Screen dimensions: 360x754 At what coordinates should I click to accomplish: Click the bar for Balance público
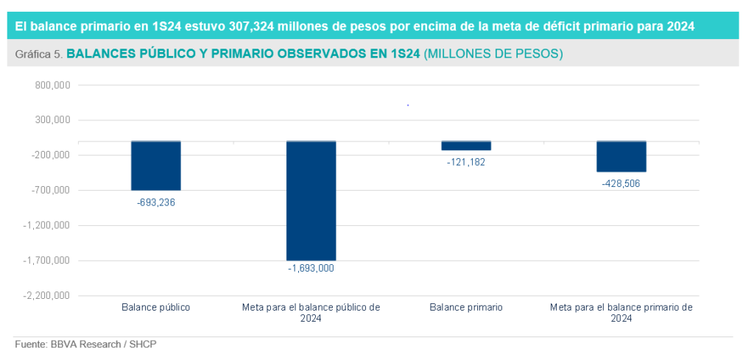[x=156, y=166]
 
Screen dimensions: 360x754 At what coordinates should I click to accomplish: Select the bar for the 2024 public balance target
[x=311, y=200]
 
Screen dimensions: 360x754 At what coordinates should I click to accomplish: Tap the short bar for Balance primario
[x=465, y=146]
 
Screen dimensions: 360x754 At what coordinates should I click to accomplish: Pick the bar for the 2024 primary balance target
[x=621, y=156]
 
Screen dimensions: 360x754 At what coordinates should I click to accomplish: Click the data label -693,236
[x=156, y=202]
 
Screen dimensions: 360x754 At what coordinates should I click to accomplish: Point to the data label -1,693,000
[x=311, y=269]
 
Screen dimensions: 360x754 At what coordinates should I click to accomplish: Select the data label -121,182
[x=465, y=162]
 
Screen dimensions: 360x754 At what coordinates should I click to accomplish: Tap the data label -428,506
[x=621, y=183]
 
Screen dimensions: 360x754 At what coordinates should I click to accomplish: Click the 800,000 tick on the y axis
[x=52, y=85]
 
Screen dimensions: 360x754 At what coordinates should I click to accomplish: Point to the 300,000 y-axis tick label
[x=52, y=120]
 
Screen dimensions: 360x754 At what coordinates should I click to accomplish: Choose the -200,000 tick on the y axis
[x=51, y=155]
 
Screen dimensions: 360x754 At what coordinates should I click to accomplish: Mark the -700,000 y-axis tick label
[x=51, y=190]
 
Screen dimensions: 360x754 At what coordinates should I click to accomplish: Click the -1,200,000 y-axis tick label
[x=48, y=225]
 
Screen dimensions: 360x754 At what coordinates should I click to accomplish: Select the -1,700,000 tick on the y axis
[x=48, y=261]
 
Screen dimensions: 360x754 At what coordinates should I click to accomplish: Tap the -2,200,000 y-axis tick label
[x=48, y=296]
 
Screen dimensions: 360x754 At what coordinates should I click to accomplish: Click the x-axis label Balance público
[x=156, y=307]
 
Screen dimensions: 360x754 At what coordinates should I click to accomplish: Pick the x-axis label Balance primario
[x=466, y=307]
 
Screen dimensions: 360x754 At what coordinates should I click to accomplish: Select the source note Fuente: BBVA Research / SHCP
[x=86, y=344]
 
